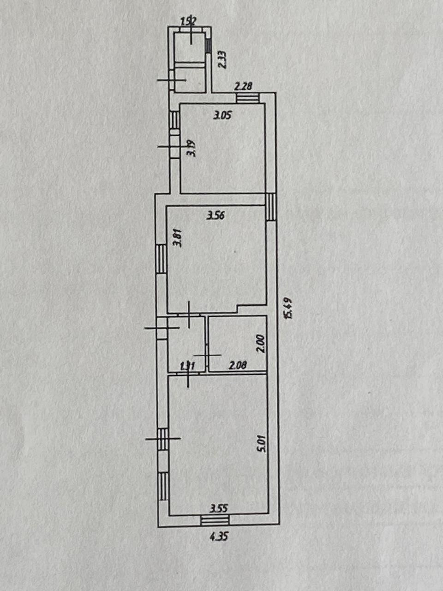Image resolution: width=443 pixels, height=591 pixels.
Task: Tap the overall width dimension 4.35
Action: (219, 537)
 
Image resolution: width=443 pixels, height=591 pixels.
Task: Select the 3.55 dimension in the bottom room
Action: (219, 509)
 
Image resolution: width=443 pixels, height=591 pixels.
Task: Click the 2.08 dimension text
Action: (238, 365)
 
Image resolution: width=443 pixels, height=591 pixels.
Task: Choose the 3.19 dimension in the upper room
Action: (192, 149)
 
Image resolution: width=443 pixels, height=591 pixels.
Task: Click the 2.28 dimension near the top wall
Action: (243, 86)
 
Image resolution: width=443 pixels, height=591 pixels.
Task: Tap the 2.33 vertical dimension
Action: (222, 60)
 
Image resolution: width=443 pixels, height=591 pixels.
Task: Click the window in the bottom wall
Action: (216, 520)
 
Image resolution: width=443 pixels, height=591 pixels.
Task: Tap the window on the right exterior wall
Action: (271, 206)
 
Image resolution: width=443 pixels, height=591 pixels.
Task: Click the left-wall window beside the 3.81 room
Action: (161, 259)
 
